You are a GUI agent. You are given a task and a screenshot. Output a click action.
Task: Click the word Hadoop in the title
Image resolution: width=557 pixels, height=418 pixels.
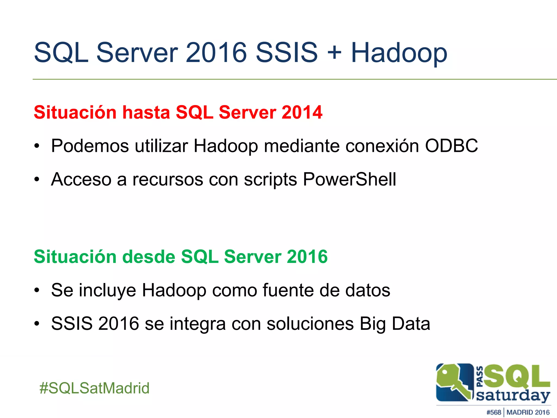[399, 53]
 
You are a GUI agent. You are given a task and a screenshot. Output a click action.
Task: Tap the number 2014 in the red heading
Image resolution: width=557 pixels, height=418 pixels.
[302, 112]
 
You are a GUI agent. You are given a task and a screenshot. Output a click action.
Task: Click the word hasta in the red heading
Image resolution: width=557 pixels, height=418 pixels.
[146, 112]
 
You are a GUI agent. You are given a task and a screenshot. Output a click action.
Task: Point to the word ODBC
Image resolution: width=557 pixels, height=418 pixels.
[451, 146]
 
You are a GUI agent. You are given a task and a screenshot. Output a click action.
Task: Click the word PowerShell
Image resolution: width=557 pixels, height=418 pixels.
[349, 180]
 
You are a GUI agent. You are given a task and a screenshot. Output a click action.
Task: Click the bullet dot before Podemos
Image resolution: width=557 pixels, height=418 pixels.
[37, 146]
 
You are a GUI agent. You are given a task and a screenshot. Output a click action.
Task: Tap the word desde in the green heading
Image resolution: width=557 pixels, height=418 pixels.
[149, 257]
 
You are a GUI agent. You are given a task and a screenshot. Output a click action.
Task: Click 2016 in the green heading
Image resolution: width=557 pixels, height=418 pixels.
[307, 257]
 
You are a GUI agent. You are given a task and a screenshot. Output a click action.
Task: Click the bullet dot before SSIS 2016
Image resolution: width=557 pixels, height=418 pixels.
[37, 324]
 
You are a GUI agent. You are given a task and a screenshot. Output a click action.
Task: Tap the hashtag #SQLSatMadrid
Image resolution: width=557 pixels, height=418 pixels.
[94, 388]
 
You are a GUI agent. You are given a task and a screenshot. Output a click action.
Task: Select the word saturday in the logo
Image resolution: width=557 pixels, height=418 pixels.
[513, 395]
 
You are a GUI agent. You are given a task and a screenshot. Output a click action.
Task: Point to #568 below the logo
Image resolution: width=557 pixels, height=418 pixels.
[494, 412]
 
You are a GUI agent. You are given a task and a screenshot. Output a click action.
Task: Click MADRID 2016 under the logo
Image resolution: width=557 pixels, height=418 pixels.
[528, 412]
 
